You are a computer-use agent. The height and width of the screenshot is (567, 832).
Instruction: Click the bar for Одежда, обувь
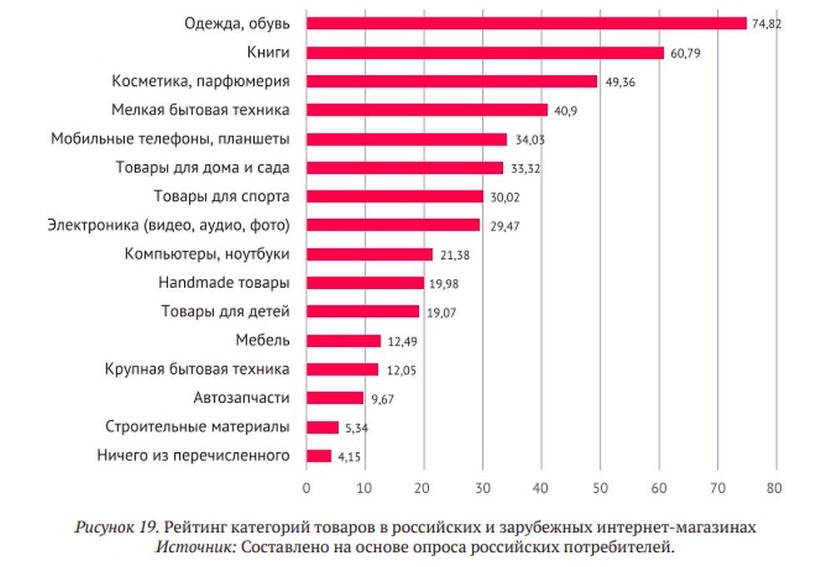[526, 23]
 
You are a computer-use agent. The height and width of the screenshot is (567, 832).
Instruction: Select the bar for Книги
[485, 52]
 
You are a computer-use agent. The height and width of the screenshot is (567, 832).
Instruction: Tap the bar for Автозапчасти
[335, 398]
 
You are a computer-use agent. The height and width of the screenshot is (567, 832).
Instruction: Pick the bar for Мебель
[343, 341]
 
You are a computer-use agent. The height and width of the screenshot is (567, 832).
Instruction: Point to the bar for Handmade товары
[365, 283]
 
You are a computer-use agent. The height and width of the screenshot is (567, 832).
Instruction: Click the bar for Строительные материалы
[322, 427]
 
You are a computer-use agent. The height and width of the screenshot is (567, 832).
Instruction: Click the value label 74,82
[767, 23]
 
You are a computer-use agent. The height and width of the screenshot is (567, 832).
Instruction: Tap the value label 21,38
[454, 255]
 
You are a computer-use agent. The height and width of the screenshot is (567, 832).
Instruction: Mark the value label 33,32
[525, 168]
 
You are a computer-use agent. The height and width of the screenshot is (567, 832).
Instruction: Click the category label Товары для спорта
[222, 196]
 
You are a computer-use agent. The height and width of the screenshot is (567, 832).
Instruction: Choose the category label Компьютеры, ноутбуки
[207, 254]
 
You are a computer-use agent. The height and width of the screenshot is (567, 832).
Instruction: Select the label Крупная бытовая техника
[197, 369]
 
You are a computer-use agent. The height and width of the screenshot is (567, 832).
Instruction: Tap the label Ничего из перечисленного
[192, 455]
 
